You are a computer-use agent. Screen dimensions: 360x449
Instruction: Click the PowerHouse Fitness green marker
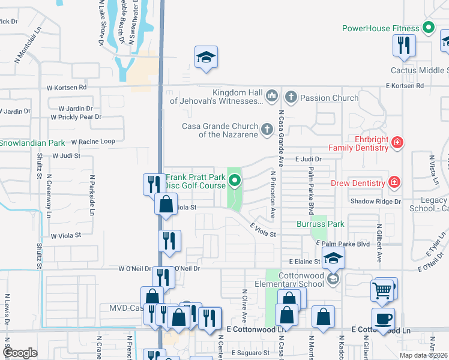[429, 28]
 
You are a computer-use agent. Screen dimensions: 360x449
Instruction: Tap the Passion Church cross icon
[291, 97]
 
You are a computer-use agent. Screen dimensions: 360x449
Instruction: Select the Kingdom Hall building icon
[271, 95]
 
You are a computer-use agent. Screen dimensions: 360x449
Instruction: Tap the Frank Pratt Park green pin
[235, 180]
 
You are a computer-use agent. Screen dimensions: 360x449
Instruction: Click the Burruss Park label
[321, 224]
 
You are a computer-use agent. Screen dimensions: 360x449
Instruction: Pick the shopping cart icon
[382, 290]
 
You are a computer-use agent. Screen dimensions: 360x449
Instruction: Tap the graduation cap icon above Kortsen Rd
[206, 57]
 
